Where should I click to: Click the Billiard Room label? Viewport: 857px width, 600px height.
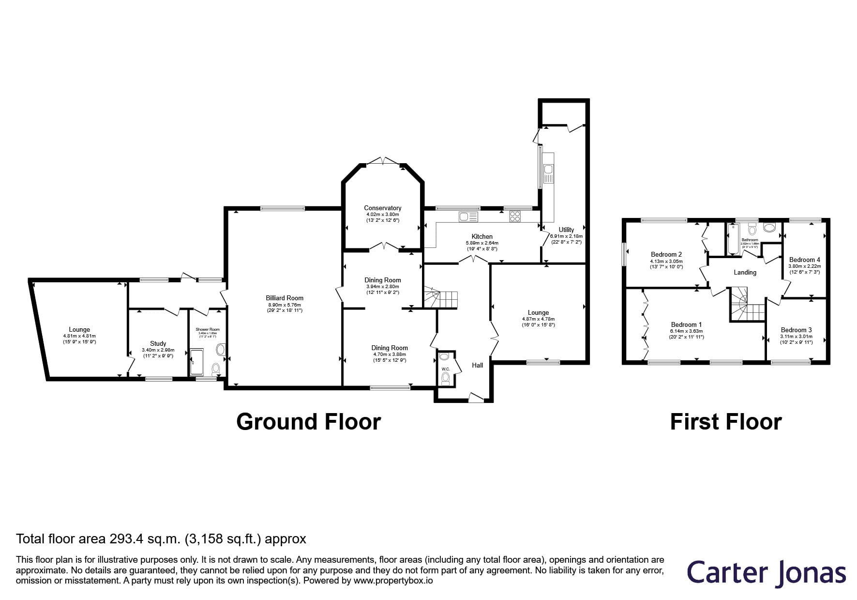pyautogui.click(x=284, y=298)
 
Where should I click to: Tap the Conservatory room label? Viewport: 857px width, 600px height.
pyautogui.click(x=383, y=208)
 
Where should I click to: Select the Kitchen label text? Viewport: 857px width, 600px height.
pyautogui.click(x=482, y=236)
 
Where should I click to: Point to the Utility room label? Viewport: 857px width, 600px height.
pyautogui.click(x=566, y=230)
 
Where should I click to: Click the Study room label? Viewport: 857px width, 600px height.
pyautogui.click(x=158, y=343)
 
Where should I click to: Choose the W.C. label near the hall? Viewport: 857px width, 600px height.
pyautogui.click(x=446, y=369)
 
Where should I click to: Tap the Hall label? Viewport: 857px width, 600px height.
pyautogui.click(x=478, y=365)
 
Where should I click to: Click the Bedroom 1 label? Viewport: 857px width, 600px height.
pyautogui.click(x=686, y=324)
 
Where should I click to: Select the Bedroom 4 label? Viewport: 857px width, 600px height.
pyautogui.click(x=804, y=260)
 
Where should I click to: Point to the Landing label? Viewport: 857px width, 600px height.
pyautogui.click(x=745, y=273)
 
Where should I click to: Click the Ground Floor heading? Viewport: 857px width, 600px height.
pyautogui.click(x=308, y=422)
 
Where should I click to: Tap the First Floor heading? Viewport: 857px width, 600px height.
pyautogui.click(x=725, y=422)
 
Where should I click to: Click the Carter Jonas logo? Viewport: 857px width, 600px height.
pyautogui.click(x=766, y=573)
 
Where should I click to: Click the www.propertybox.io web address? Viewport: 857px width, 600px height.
pyautogui.click(x=393, y=580)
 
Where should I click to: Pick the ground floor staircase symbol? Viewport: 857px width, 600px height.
pyautogui.click(x=441, y=299)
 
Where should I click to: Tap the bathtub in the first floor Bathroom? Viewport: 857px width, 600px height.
pyautogui.click(x=733, y=239)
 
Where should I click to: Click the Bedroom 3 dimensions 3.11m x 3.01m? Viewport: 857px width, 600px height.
pyautogui.click(x=796, y=337)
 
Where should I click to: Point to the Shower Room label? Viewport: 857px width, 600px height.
pyautogui.click(x=208, y=329)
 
